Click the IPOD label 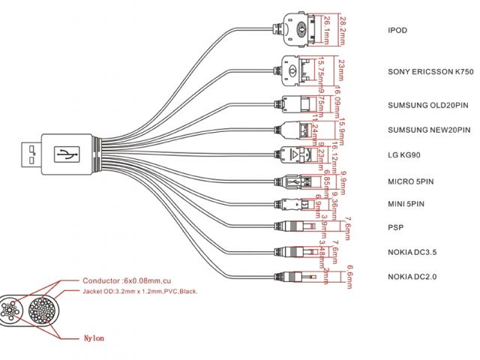pyautogui.click(x=397, y=31)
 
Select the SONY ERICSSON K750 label pyautogui.click(x=430, y=72)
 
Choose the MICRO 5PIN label pyautogui.click(x=411, y=181)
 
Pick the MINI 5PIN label pyautogui.click(x=406, y=204)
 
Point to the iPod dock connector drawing pyautogui.click(x=299, y=28)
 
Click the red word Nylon pyautogui.click(x=94, y=338)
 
